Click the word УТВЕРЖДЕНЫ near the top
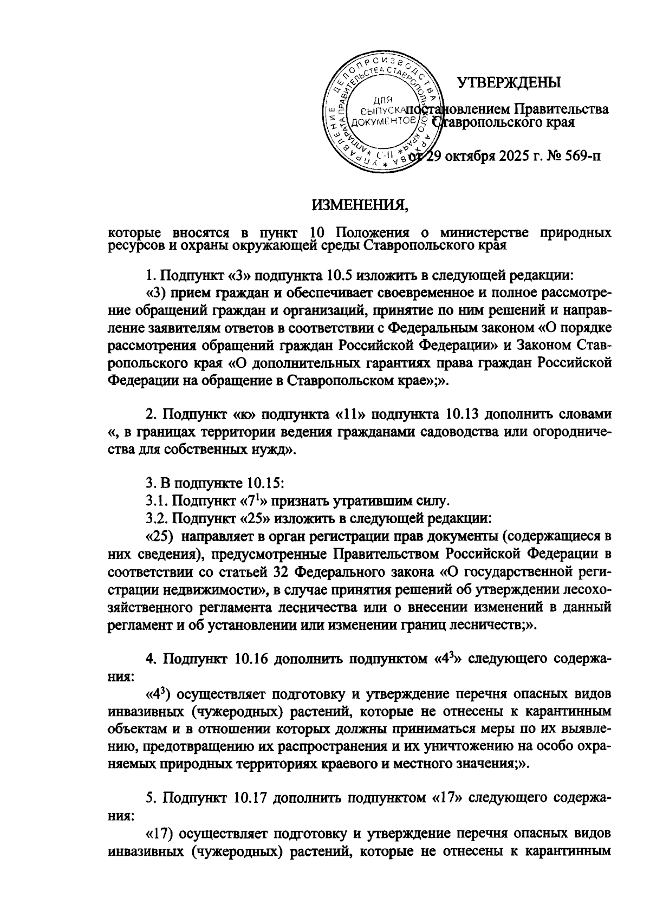[509, 82]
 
